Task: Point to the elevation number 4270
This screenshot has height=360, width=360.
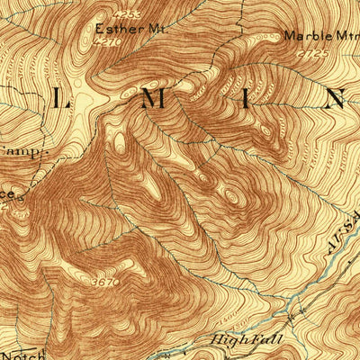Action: click(x=109, y=40)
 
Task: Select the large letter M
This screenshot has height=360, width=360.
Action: click(x=155, y=99)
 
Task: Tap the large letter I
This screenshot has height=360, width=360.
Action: click(x=247, y=99)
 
